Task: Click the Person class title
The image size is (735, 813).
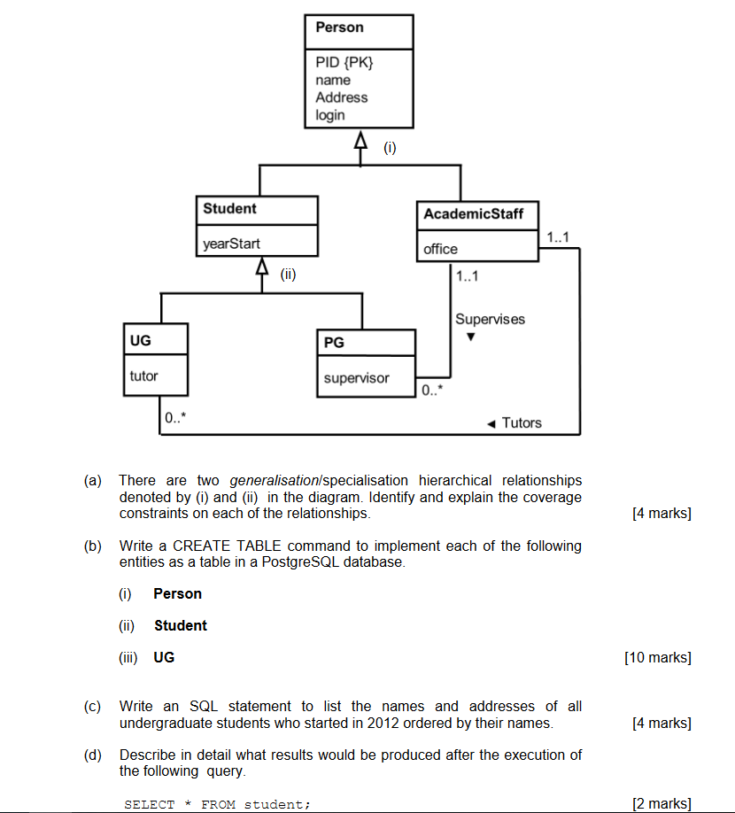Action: point(339,27)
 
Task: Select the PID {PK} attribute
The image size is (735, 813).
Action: point(344,62)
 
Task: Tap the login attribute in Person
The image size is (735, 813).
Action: point(330,115)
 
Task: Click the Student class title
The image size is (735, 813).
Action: point(229,209)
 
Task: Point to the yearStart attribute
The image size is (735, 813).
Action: point(232,244)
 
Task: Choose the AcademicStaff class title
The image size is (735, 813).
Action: point(473,214)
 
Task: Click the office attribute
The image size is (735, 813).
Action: point(440,249)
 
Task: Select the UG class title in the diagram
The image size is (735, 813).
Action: point(140,339)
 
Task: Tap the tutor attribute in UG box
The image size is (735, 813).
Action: point(143,376)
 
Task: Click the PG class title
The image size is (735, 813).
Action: point(334,343)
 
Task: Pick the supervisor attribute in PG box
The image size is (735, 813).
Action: point(356,378)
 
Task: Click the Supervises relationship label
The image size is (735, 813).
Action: point(490,319)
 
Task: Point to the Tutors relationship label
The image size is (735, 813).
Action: point(521,422)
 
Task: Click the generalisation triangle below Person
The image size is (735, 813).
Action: point(360,140)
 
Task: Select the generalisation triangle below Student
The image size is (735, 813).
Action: point(261,267)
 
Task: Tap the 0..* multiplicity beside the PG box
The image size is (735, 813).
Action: point(432,390)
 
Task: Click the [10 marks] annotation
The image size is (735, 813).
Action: point(657,657)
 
